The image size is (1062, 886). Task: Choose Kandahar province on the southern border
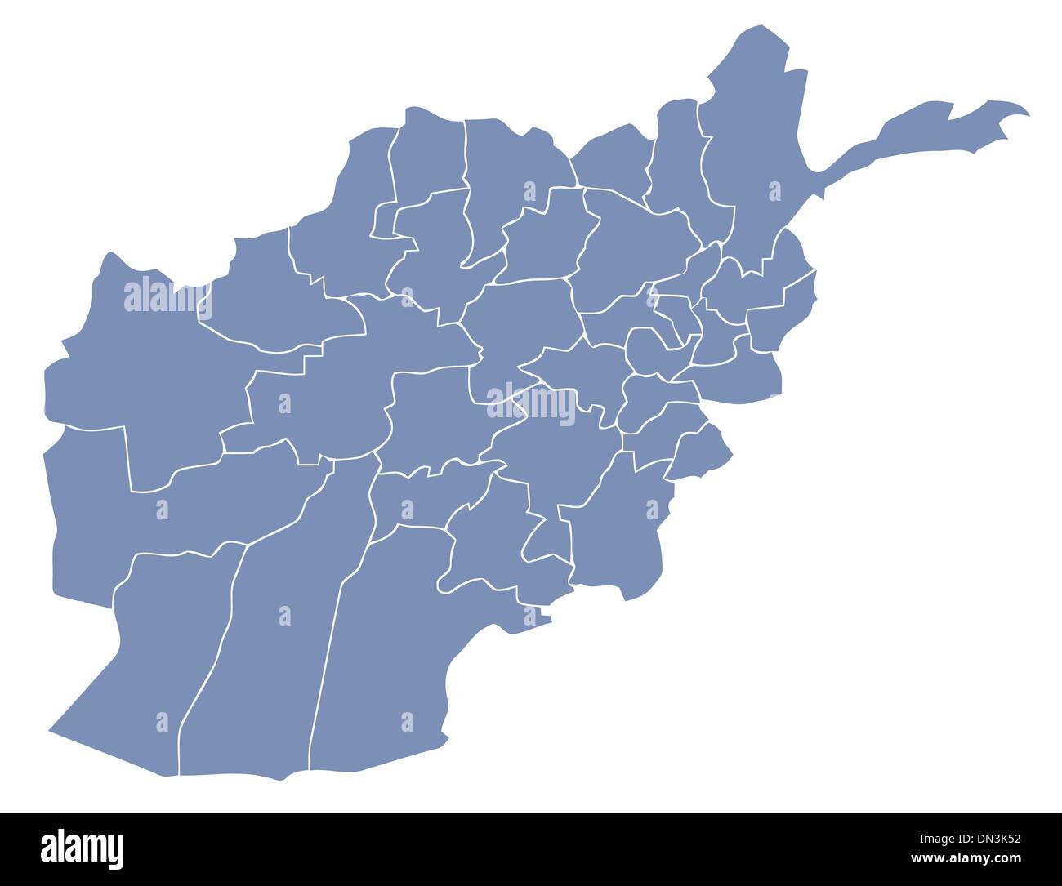(384, 653)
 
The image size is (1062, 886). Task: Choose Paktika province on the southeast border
(613, 523)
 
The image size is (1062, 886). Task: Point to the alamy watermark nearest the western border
(168, 301)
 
